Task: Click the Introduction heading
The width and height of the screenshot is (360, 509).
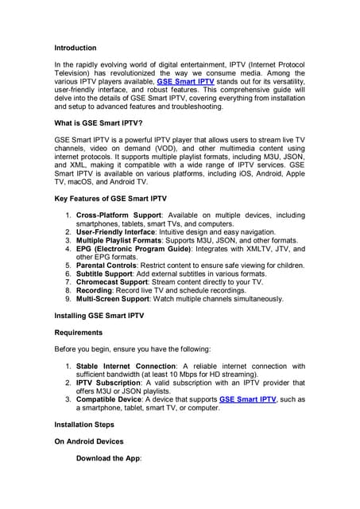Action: (75, 48)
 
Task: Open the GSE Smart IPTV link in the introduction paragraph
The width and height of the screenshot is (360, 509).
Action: (186, 81)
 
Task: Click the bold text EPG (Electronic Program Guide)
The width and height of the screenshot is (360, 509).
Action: (133, 249)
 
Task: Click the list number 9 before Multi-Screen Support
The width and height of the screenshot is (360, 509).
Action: (68, 299)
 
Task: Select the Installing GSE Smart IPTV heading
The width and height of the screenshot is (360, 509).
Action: (99, 316)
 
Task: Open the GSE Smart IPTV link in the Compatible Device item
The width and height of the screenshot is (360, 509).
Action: (247, 399)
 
